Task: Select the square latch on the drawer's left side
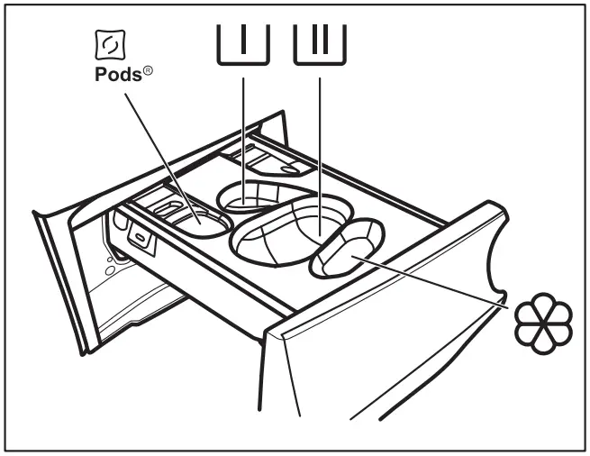pos(140,237)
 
